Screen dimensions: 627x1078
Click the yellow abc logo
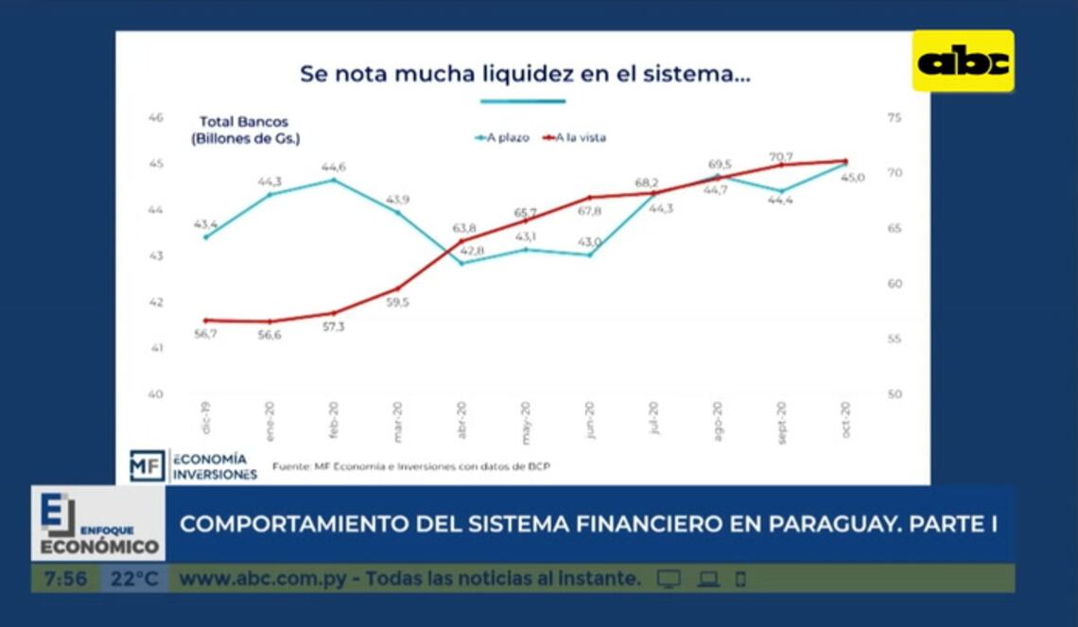[963, 61]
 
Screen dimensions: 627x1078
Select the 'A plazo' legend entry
[502, 137]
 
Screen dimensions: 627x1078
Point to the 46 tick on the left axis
[156, 117]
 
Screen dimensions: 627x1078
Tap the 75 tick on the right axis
[894, 117]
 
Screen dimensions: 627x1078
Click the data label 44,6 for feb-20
[333, 166]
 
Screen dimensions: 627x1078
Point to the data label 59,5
[397, 303]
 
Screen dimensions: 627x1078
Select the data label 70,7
[781, 156]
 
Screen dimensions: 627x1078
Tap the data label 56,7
[205, 334]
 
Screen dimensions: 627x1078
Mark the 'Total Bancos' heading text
[243, 122]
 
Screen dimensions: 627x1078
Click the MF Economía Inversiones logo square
[147, 465]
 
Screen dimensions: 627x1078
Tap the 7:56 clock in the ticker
[65, 579]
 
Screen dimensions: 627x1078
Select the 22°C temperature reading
[133, 579]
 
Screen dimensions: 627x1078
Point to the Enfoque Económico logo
[98, 523]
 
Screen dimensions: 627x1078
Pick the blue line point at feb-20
[333, 180]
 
